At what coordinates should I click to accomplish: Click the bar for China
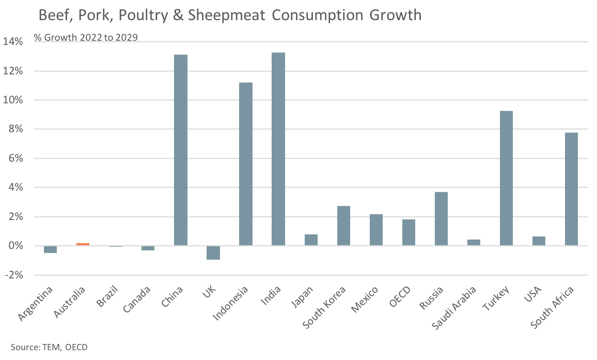coord(181,150)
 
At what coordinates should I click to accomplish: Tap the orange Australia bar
coord(83,244)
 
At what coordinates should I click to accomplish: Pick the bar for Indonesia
coord(246,164)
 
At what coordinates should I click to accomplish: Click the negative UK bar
coord(213,253)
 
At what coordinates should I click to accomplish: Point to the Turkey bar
coord(506,178)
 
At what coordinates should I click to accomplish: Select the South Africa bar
coord(571,189)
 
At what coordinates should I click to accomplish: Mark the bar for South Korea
coord(343,226)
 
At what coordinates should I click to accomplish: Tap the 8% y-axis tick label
coord(15,130)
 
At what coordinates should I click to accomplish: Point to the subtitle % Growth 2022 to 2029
coord(86,37)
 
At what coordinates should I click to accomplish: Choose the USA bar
coord(539,241)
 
